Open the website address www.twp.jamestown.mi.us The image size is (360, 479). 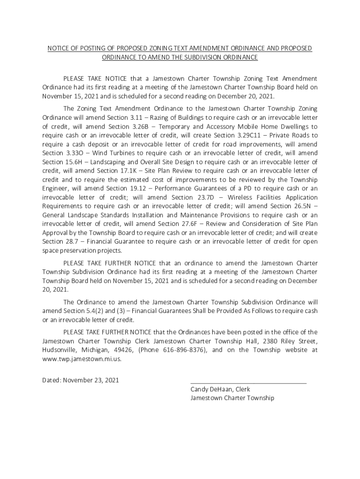point(82,359)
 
